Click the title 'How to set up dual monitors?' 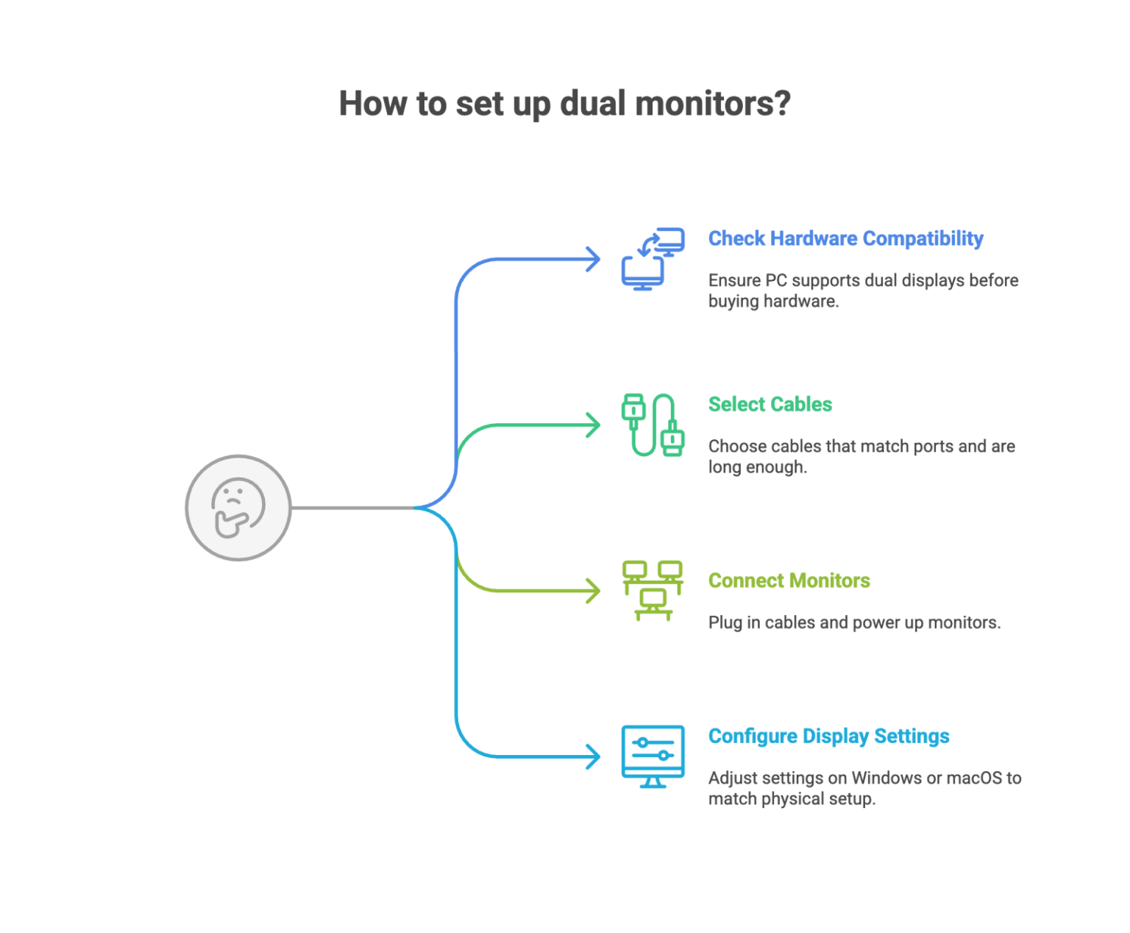[564, 104]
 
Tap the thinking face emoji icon [238, 508]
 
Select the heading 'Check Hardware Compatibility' [845, 238]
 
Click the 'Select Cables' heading [770, 404]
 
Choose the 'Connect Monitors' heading [789, 581]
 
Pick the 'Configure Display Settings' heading [828, 736]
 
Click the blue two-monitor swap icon [653, 259]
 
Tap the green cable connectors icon [653, 425]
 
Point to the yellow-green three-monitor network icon [653, 590]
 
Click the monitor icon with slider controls [653, 756]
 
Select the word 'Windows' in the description [886, 778]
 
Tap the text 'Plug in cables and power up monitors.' [854, 622]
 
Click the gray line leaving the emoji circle [353, 508]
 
